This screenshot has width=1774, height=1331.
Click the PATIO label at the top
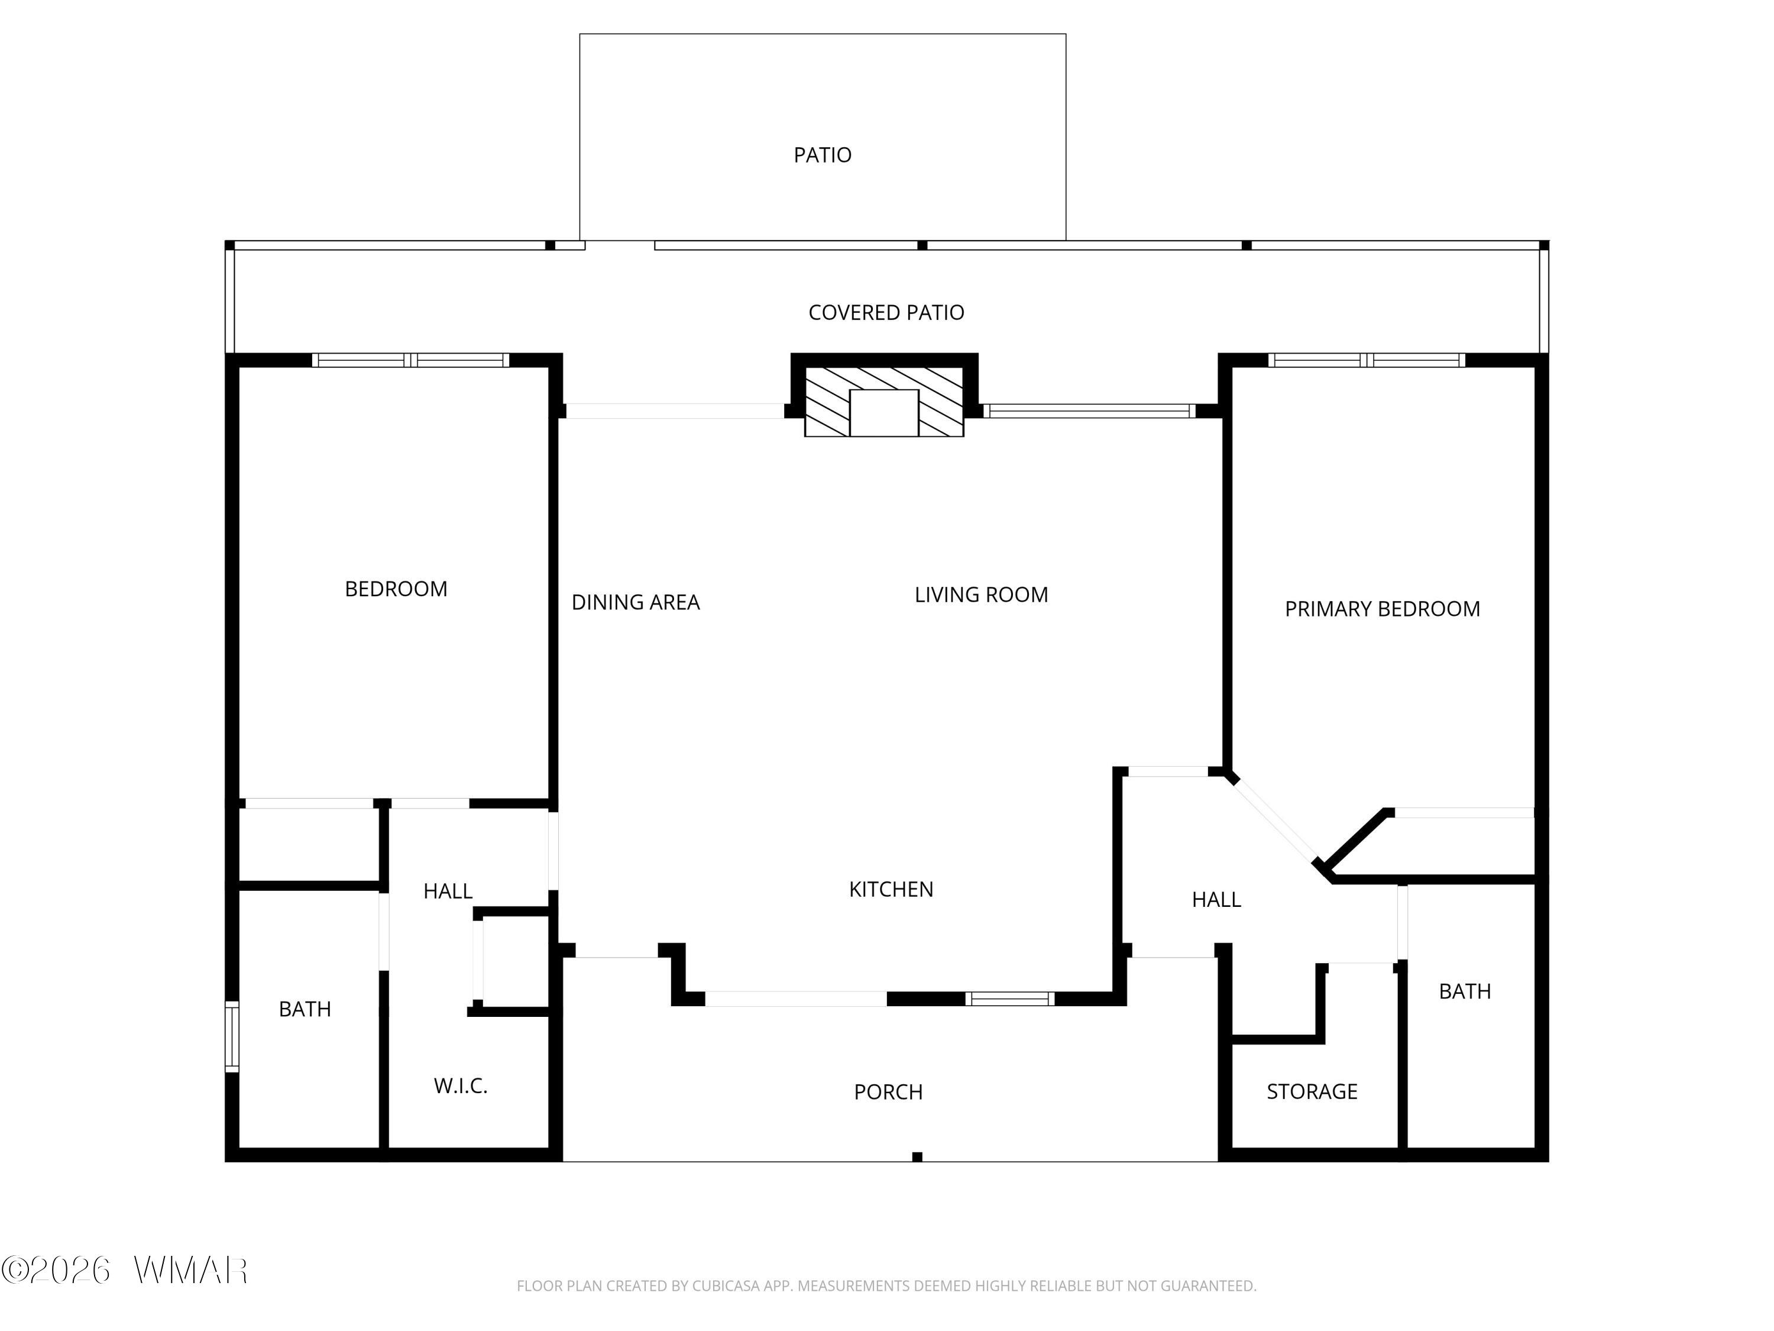(822, 155)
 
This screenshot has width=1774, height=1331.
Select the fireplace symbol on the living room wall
(884, 402)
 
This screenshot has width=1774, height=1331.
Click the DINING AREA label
(635, 602)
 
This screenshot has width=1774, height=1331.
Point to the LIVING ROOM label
(981, 595)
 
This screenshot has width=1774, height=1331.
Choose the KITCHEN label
(891, 889)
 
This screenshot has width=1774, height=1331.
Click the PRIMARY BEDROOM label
(1382, 609)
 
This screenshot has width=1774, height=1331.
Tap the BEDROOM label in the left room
(396, 589)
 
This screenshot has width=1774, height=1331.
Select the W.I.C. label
(460, 1086)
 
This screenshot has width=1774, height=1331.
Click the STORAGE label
(1312, 1091)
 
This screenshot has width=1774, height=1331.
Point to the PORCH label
(888, 1092)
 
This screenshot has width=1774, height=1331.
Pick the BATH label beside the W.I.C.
(305, 1009)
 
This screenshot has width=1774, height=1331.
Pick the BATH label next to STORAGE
(1464, 991)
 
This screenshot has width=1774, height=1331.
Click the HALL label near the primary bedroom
(1216, 899)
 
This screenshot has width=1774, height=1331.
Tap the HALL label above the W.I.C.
(448, 890)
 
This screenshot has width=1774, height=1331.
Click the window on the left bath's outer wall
(232, 1036)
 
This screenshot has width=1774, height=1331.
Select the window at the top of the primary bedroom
(1367, 360)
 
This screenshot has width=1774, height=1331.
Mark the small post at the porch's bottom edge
(917, 1156)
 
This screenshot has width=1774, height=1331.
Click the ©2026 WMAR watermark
(124, 1270)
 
